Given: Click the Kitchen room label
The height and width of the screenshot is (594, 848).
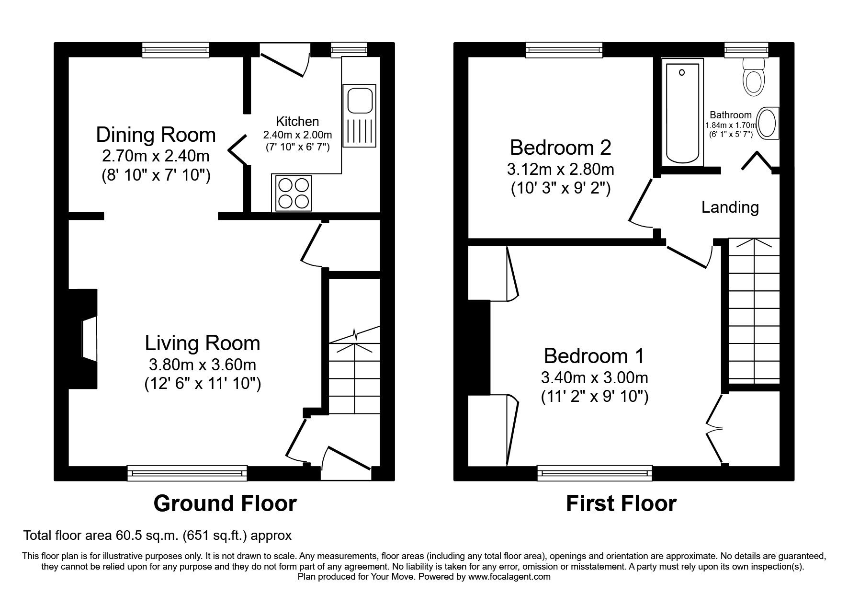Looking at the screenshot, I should [x=297, y=121].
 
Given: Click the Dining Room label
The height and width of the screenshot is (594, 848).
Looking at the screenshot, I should [x=156, y=135].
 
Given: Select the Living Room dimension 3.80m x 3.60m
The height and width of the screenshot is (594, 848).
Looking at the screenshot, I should [x=203, y=365].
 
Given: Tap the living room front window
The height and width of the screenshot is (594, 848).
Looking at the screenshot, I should [x=187, y=473].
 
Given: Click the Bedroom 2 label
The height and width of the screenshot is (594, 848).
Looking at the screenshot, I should [x=560, y=147].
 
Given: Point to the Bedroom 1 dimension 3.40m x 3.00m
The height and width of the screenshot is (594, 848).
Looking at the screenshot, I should [x=594, y=377].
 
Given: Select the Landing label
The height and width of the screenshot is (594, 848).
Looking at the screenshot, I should [x=730, y=207].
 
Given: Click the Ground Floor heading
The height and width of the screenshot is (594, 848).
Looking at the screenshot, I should [x=225, y=503].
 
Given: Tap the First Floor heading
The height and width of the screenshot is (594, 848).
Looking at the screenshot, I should [x=621, y=503].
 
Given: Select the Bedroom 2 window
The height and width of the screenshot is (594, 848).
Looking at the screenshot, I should [x=564, y=49].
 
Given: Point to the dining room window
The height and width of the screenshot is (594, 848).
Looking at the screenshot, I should [x=176, y=49].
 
